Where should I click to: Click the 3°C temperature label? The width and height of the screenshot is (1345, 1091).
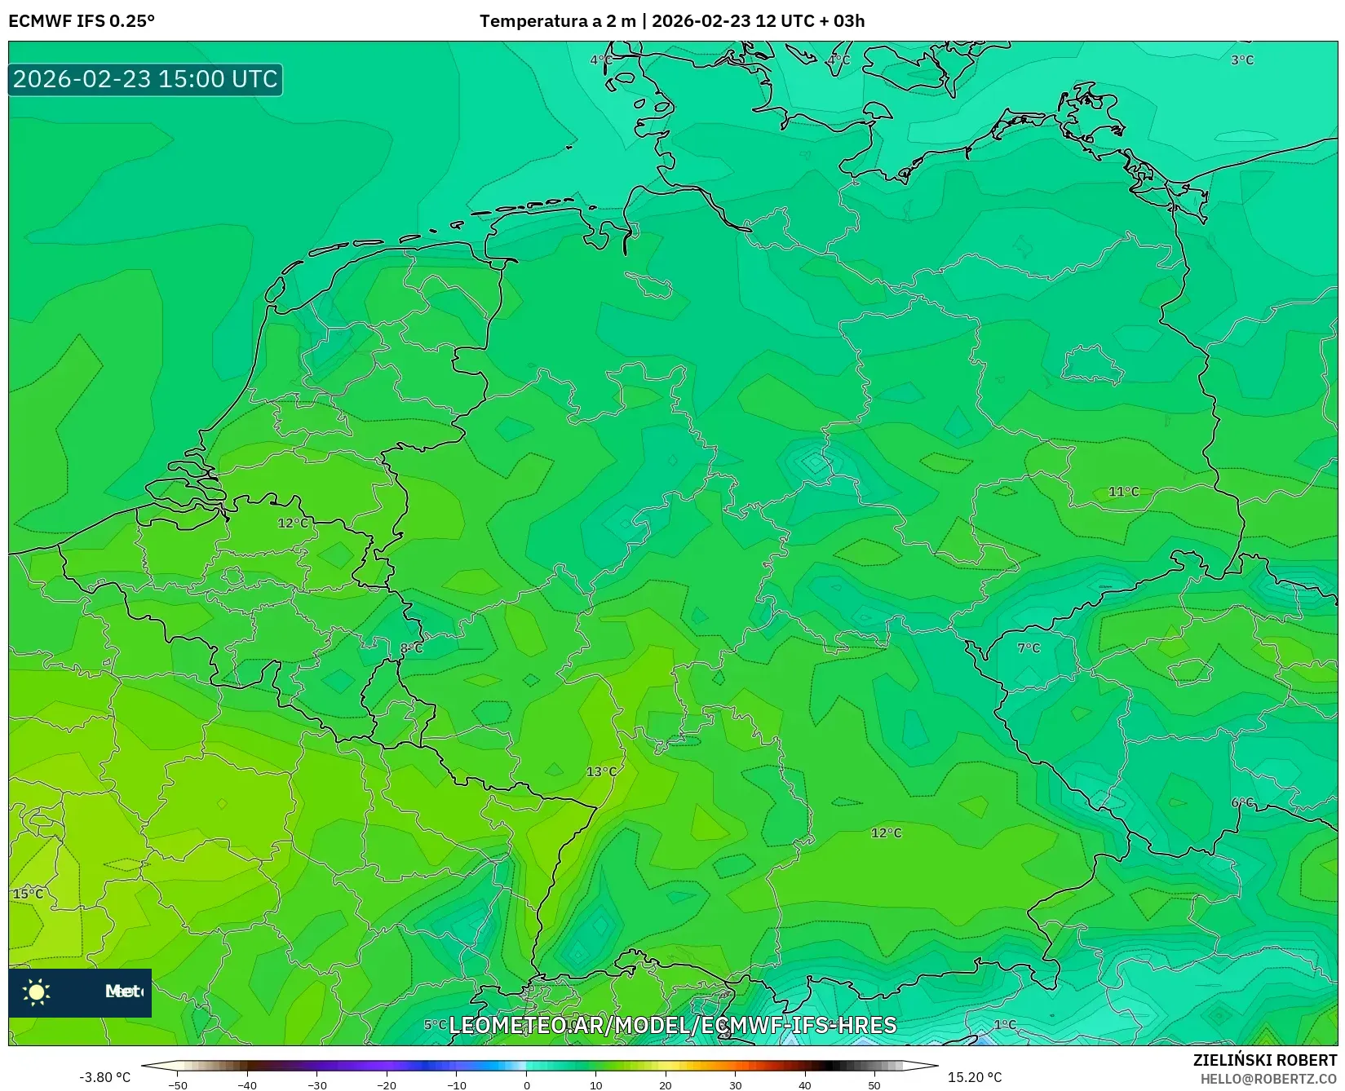1241,60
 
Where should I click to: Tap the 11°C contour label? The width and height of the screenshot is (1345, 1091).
1123,492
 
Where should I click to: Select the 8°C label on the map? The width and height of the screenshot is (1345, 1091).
412,648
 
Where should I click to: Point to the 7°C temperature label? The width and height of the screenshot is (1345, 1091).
1029,648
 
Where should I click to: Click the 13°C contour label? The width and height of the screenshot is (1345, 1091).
602,771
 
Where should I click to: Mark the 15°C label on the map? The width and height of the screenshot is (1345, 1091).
28,894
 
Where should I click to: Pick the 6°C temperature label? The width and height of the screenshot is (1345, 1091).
1242,803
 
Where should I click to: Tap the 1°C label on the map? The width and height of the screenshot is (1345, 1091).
1005,1024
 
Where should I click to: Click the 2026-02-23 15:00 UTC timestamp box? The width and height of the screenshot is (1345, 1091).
145,79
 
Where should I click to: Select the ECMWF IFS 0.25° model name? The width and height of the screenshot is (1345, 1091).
82,21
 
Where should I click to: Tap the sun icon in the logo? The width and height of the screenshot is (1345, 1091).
37,992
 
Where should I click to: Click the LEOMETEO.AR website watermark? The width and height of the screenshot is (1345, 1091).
672,1025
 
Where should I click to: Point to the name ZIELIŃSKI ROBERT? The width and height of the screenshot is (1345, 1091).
1265,1060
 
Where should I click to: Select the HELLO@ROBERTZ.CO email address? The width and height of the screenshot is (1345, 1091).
1268,1079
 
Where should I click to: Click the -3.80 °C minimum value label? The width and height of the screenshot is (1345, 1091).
104,1077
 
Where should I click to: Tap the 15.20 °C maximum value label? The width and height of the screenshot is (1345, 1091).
974,1077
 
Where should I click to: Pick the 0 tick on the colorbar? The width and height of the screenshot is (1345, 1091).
527,1085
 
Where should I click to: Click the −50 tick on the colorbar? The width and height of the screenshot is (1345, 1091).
177,1085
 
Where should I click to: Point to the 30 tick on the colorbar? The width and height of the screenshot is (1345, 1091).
736,1085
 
